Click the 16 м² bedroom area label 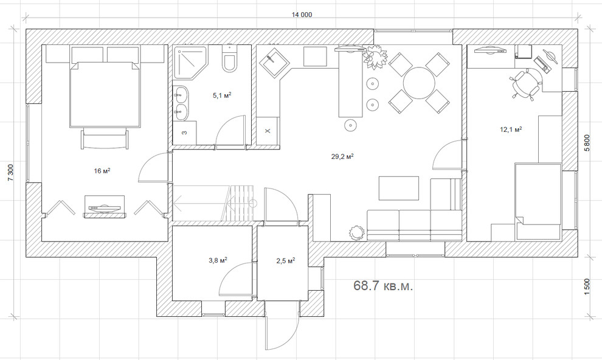102,171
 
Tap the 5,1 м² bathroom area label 221,95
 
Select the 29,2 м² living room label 342,156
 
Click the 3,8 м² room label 218,260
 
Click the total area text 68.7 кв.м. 383,286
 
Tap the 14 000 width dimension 302,15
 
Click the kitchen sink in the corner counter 271,62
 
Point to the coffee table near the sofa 398,188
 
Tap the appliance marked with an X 268,130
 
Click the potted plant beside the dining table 375,59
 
